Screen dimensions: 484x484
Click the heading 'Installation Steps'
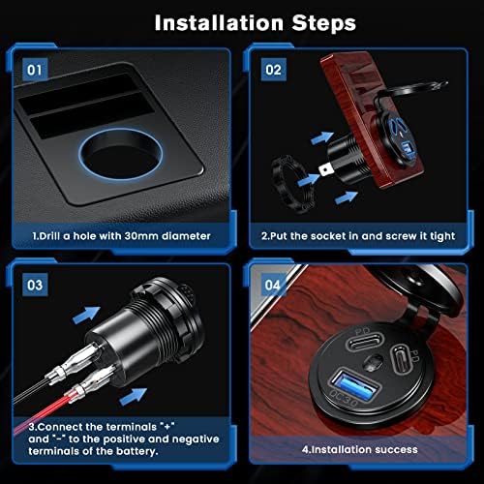[242, 20]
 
